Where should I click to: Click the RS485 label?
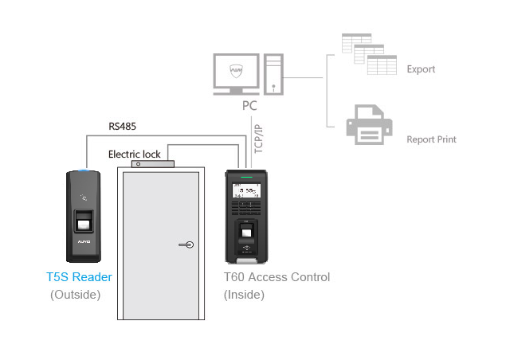click(122, 125)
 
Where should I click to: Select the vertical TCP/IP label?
click(257, 137)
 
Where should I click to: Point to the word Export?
click(421, 69)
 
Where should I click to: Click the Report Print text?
click(431, 139)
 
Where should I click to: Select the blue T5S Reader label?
click(79, 277)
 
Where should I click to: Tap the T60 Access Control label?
click(277, 277)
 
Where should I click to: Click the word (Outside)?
click(76, 295)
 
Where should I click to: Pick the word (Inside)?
click(244, 295)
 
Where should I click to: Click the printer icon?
click(368, 126)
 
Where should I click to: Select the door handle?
click(185, 245)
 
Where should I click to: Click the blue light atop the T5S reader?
click(84, 170)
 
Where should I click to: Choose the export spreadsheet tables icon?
click(369, 54)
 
